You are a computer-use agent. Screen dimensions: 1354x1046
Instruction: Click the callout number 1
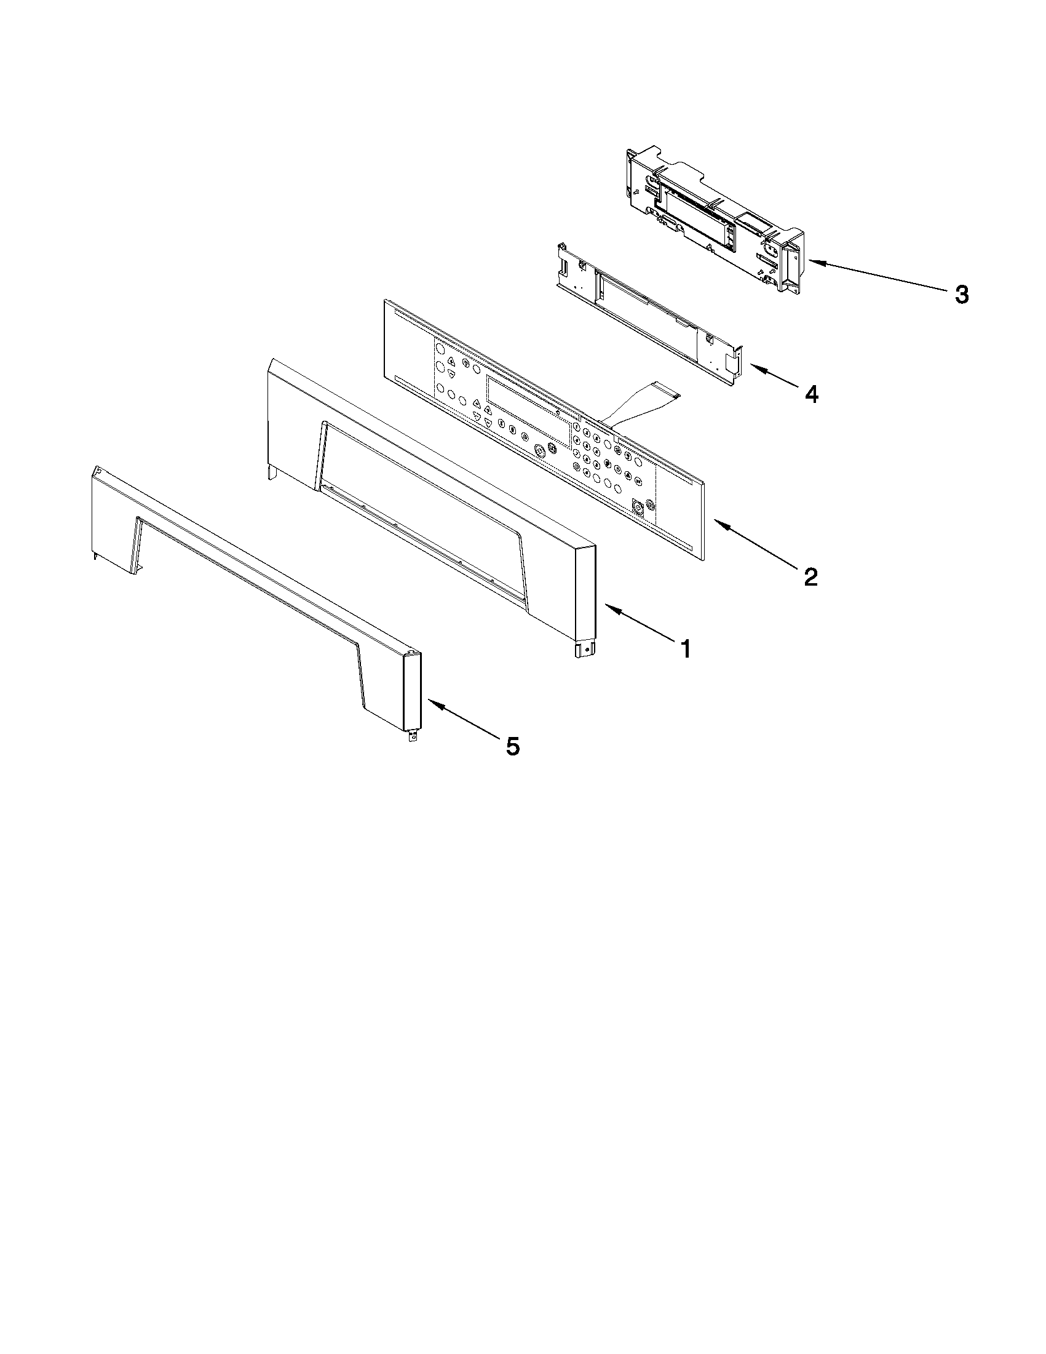685,649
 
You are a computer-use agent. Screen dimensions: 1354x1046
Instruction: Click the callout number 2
810,577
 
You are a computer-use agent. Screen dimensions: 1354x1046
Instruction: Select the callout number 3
961,295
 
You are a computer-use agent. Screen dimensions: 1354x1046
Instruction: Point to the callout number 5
512,746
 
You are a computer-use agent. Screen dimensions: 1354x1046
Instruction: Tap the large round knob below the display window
539,451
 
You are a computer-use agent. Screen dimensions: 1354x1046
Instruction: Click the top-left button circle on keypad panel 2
438,348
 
